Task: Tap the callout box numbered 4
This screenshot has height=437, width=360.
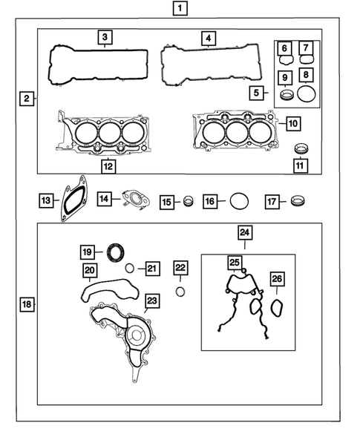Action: click(209, 37)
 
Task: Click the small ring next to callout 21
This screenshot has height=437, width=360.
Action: click(129, 269)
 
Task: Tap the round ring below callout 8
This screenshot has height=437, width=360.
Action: click(305, 93)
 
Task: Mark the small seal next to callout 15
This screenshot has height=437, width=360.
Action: click(189, 201)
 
